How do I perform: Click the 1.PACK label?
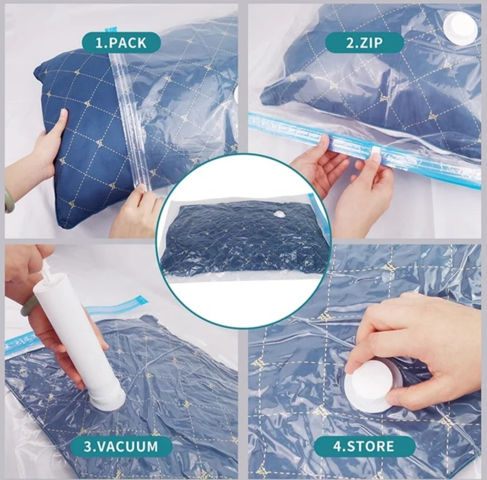[x=121, y=43]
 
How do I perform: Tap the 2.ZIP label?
[x=364, y=43]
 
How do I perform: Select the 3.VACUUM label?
[x=121, y=446]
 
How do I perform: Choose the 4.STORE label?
[x=364, y=446]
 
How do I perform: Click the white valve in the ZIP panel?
[x=461, y=27]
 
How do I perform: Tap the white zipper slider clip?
[x=377, y=153]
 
